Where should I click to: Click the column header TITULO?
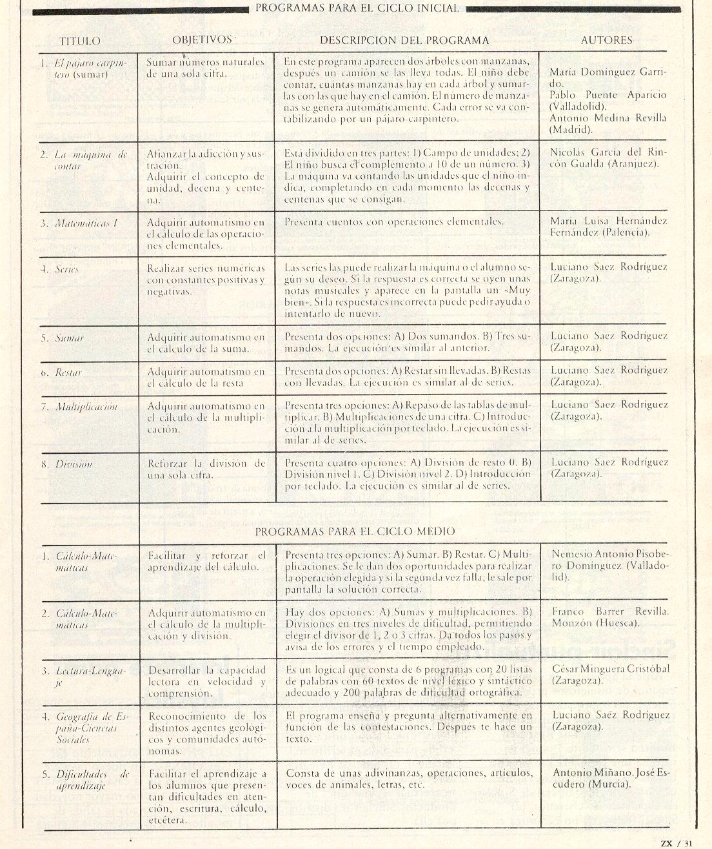coord(80,41)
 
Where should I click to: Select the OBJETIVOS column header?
coord(202,40)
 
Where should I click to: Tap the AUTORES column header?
coord(606,40)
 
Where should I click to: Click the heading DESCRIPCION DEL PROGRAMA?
coord(404,40)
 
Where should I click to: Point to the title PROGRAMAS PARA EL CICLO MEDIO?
coord(355,531)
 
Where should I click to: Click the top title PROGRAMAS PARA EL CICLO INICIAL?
coord(357,8)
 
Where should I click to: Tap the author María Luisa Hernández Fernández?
coord(609,227)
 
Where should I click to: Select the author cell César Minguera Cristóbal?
coord(610,674)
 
